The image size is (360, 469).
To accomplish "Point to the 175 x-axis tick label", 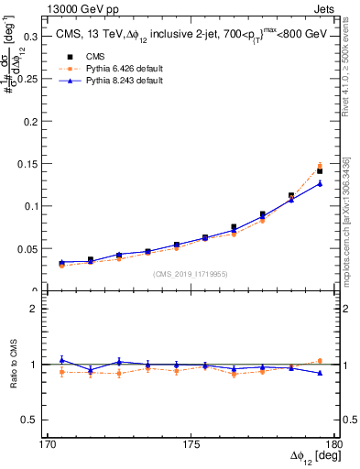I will pyautogui.click(x=190, y=444).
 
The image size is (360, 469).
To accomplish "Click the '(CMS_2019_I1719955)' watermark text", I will pyautogui.click(x=191, y=272).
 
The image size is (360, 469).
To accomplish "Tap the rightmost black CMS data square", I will pyautogui.click(x=320, y=171).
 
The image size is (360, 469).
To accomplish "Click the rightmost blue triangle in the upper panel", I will pyautogui.click(x=320, y=183).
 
